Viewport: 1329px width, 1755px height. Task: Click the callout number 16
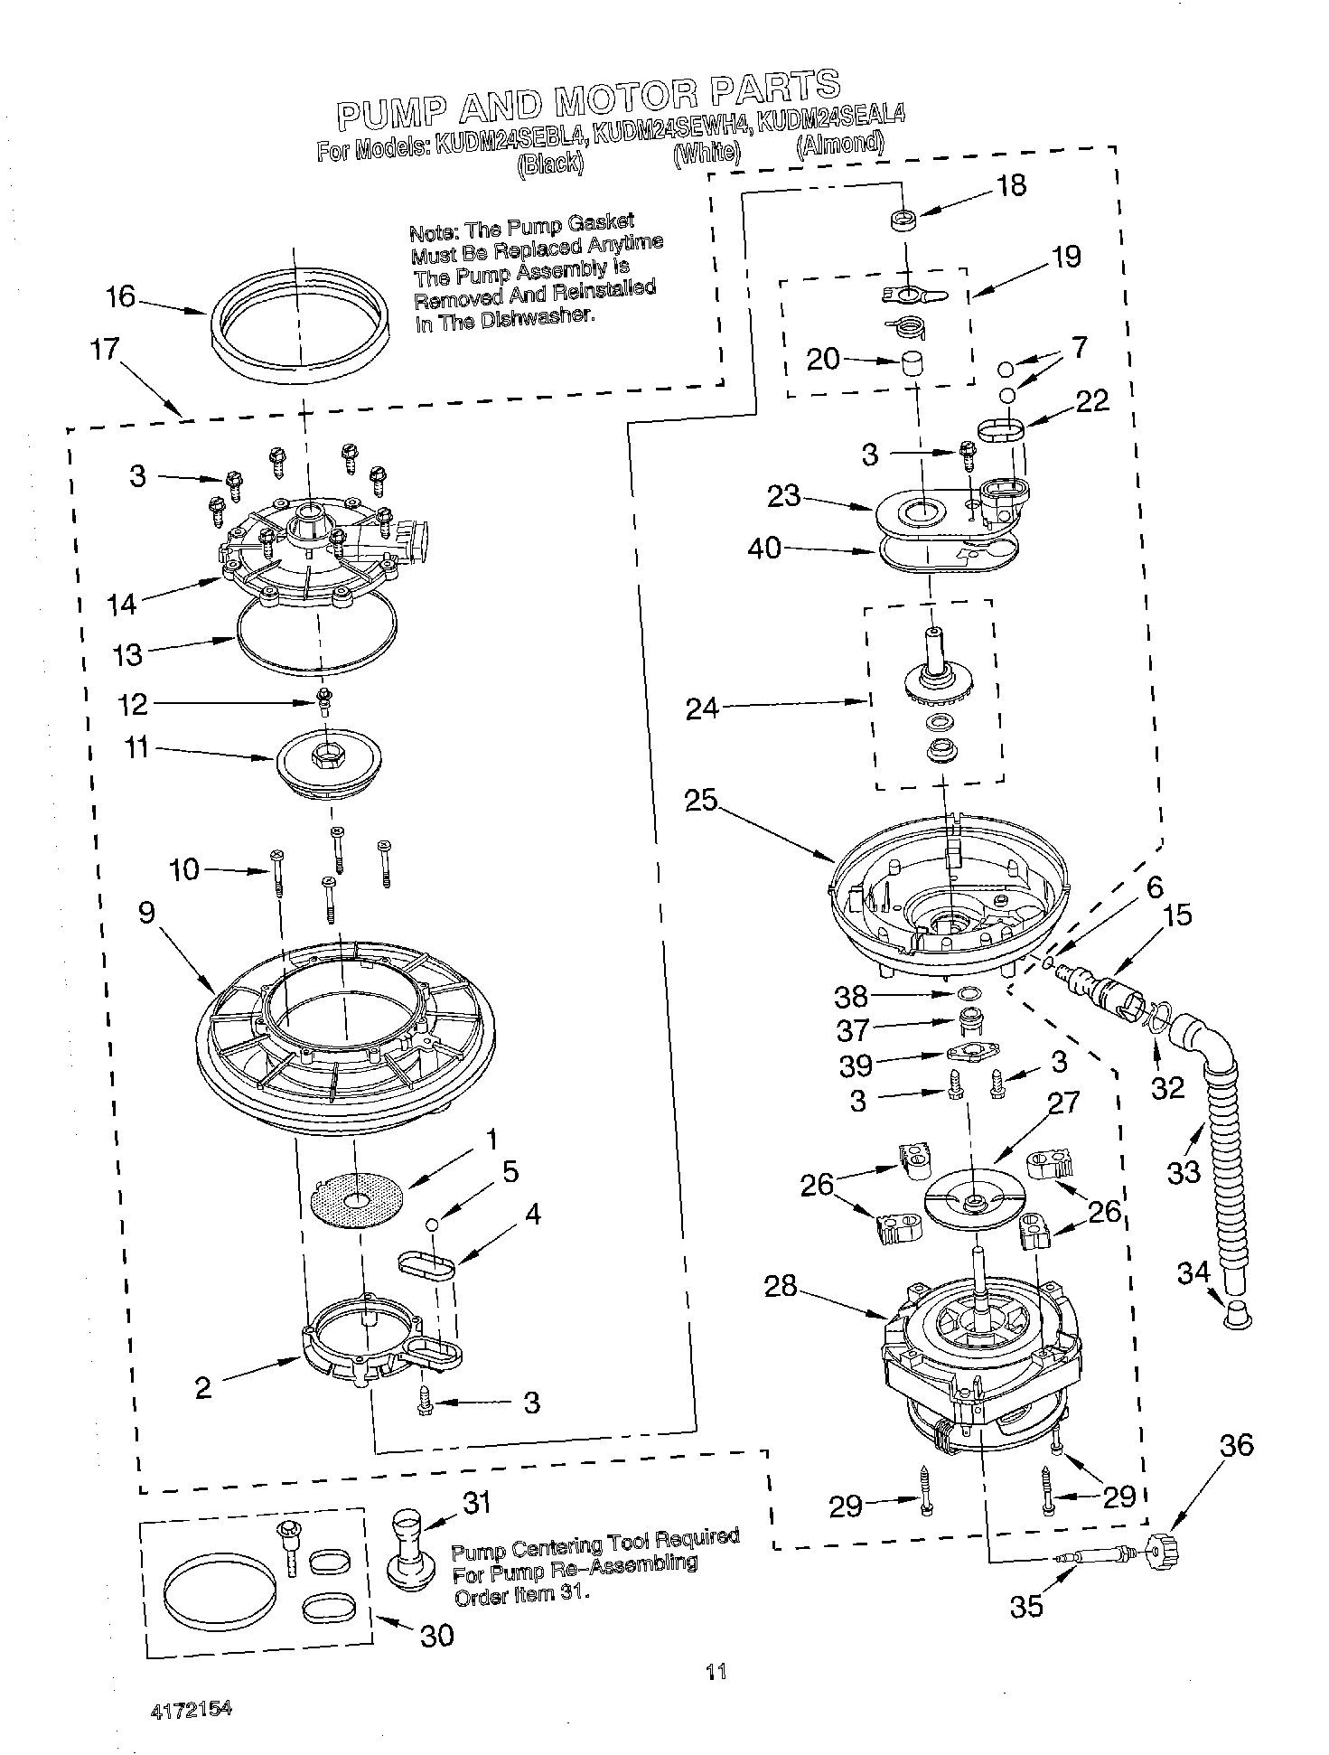tap(120, 296)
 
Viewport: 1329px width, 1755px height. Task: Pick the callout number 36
tap(1237, 1446)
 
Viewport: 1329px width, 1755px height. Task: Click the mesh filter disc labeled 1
tap(356, 1199)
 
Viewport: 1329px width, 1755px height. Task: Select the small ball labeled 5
tap(432, 1224)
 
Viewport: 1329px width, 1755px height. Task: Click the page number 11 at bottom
tap(716, 1672)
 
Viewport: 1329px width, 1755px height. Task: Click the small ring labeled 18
tap(903, 219)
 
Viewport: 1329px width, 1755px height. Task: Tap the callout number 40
tap(764, 548)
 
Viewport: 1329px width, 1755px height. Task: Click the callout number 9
tap(147, 913)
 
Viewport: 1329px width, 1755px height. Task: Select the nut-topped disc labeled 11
tap(330, 759)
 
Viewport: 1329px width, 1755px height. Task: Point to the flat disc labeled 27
tap(975, 1199)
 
